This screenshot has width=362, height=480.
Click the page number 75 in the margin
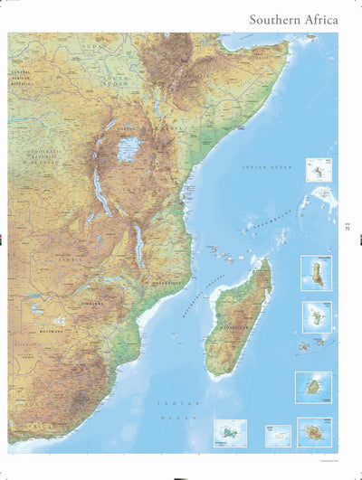pyautogui.click(x=348, y=228)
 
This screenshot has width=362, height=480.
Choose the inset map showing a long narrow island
pyautogui.click(x=316, y=272)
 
